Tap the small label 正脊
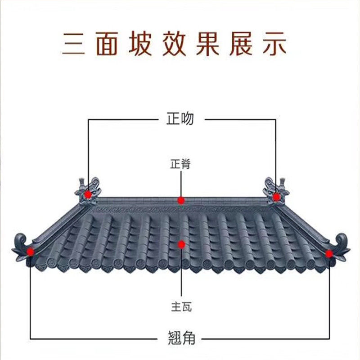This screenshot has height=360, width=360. click(x=180, y=164)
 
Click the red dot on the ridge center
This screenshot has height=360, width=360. click(x=181, y=200)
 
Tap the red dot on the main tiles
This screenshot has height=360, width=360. click(x=181, y=244)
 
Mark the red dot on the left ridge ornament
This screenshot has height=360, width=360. click(x=88, y=194)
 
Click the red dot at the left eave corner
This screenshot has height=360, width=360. click(x=31, y=252)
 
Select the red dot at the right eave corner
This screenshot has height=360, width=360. click(x=329, y=254)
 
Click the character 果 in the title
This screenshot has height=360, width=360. click(x=207, y=44)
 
